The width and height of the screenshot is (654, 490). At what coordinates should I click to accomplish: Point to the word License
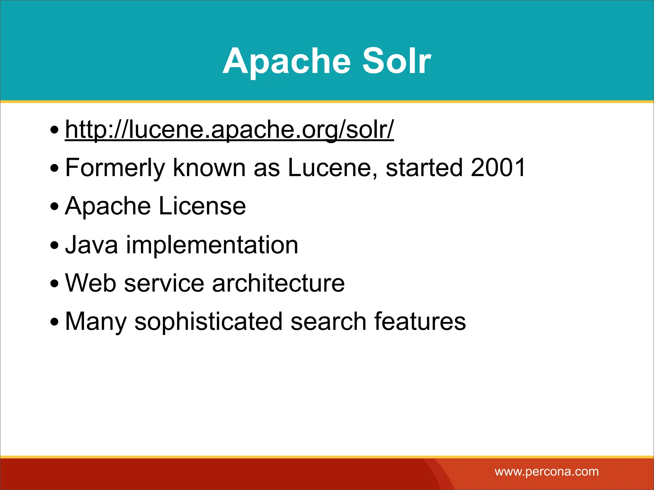[x=202, y=206]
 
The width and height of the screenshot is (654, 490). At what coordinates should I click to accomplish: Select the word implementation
[x=212, y=245]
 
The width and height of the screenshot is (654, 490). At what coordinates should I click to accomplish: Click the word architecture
[x=278, y=283]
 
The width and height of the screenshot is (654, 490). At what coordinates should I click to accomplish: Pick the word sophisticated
[x=208, y=322]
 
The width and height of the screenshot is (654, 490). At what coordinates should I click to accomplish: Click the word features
[x=420, y=321]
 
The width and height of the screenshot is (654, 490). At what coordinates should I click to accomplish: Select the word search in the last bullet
[x=328, y=321]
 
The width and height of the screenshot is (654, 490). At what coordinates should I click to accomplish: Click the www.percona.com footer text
[x=546, y=471]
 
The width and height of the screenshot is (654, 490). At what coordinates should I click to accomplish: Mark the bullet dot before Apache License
[x=55, y=207]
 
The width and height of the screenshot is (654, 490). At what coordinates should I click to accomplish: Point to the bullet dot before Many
[x=55, y=322]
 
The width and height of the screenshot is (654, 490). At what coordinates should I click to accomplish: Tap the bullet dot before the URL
[x=55, y=130]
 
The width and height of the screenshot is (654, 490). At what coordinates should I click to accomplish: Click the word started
[x=424, y=168]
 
